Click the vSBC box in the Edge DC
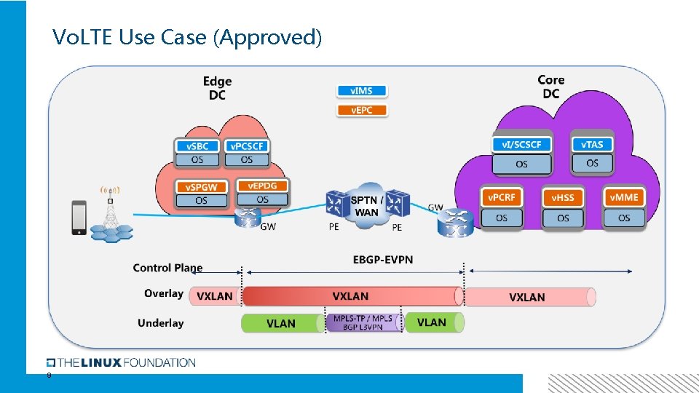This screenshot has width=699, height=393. point(197,153)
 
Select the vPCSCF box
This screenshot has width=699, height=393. point(246,153)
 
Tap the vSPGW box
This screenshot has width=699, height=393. point(201,194)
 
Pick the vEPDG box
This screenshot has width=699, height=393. point(262,192)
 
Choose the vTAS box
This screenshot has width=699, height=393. point(591,154)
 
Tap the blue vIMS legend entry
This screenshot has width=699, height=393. point(362,91)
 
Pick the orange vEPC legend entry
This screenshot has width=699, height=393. point(362,111)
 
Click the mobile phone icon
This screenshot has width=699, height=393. point(79,218)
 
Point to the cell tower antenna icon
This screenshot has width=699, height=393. point(110,211)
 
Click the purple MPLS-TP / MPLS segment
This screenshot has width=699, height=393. point(363,323)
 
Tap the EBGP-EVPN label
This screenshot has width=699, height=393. point(383,260)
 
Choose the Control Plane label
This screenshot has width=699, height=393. point(167,268)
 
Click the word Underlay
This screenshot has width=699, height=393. point(160,323)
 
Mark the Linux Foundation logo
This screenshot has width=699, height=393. point(121,362)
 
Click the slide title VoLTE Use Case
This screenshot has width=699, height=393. point(187,36)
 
